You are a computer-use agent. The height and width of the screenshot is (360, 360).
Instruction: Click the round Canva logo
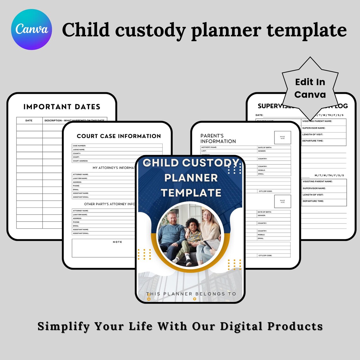(x=32, y=29)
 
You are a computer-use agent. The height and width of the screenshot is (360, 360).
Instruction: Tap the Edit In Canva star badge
(x=310, y=88)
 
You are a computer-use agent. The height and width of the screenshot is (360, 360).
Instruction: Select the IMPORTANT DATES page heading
(x=62, y=107)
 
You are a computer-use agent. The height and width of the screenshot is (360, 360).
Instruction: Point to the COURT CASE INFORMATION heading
(x=119, y=136)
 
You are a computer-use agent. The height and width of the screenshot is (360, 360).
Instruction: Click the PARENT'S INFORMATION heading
(x=218, y=138)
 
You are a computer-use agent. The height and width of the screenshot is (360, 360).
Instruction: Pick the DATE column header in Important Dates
(x=29, y=120)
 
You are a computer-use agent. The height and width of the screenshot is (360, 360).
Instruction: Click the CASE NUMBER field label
(x=79, y=146)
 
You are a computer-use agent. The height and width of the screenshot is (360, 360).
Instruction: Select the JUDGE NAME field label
(x=79, y=149)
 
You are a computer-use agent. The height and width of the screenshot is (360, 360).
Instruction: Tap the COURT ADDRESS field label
(x=80, y=161)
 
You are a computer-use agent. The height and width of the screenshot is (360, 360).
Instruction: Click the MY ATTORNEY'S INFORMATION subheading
(x=114, y=168)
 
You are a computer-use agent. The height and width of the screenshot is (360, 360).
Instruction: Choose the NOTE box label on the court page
(x=117, y=242)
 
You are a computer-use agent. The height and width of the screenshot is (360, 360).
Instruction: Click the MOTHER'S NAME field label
(x=209, y=147)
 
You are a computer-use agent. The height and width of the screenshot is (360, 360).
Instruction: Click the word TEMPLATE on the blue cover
(x=191, y=193)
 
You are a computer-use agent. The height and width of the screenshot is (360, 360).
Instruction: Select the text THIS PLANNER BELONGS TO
(x=191, y=294)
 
